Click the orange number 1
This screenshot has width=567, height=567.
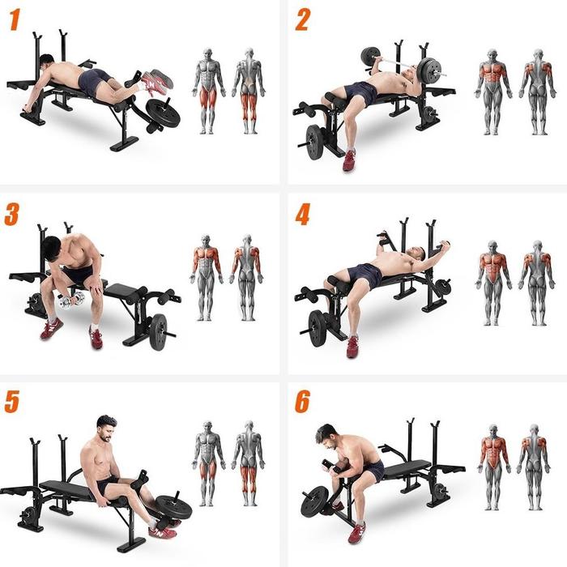click(x=14, y=20)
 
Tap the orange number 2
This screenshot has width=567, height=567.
click(x=301, y=19)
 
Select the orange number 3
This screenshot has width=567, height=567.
click(x=12, y=215)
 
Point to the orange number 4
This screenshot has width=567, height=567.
click(x=302, y=215)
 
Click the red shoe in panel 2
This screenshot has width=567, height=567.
click(x=349, y=160)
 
